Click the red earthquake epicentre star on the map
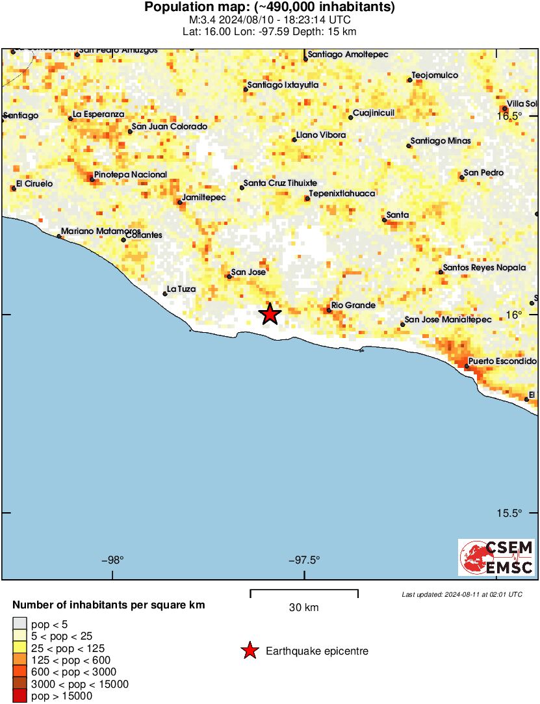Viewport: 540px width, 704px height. pos(270,314)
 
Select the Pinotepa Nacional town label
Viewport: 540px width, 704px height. pos(131,175)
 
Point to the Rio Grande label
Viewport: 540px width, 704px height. pos(354,305)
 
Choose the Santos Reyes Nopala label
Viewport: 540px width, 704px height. pos(485,268)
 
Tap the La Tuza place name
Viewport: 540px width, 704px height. pos(182,289)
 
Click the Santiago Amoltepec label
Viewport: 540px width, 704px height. pos(348,55)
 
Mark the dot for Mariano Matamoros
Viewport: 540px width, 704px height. pos(60,237)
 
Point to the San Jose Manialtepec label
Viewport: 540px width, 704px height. pos(448,320)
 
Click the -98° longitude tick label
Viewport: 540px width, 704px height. pos(113,560)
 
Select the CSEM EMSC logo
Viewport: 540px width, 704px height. pos(497,557)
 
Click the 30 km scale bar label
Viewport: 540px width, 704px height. pos(303,608)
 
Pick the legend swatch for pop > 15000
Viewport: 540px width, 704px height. pos(20,696)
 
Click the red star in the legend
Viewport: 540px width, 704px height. pos(249,651)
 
